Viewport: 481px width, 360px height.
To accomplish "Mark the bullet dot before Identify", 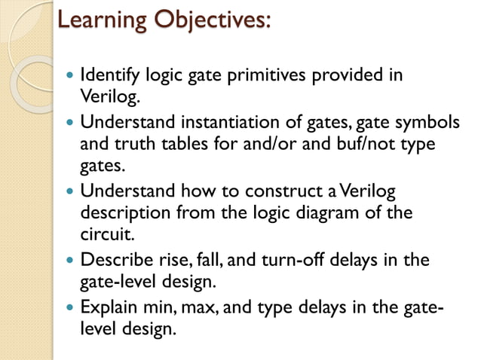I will (x=71, y=77).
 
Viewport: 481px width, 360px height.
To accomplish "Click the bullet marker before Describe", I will (x=71, y=261).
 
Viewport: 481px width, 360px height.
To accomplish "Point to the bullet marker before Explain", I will (x=71, y=309).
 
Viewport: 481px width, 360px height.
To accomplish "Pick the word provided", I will (x=341, y=76).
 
